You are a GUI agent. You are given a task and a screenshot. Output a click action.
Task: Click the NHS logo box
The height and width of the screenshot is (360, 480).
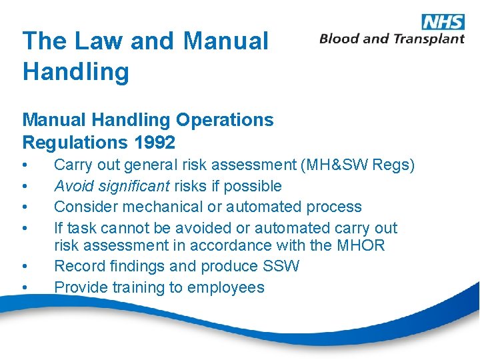[x=443, y=21]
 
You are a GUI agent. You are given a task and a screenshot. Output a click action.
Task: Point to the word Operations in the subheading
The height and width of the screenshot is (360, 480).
[x=225, y=120]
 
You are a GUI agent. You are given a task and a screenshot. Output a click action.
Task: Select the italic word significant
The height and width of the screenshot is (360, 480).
[x=133, y=186]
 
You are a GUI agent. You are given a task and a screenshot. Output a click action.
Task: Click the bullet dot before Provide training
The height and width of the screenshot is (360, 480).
[x=25, y=288]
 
